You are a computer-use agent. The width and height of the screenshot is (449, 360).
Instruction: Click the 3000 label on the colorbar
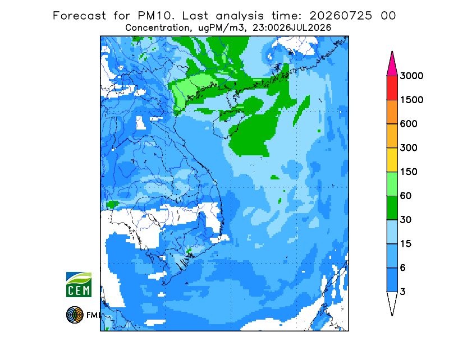coord(411,76)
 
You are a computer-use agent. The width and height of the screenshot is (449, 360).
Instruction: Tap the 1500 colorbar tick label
coord(411,100)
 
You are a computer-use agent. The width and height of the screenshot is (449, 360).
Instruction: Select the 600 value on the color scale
coord(409,124)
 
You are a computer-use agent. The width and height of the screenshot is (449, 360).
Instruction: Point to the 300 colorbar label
coord(409,148)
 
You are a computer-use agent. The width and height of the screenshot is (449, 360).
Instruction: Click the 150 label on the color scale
coord(409,172)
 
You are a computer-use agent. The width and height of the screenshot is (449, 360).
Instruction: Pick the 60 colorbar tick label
coord(406,196)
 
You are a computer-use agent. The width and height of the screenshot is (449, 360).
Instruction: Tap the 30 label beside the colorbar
coord(406,220)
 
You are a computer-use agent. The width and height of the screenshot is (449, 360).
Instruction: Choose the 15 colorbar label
coord(406,244)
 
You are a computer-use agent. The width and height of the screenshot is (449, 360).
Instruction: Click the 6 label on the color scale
coord(403,268)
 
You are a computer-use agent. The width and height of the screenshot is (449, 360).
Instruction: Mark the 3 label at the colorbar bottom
coord(403,292)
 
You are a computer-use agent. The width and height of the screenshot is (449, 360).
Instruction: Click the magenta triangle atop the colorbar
coord(392,66)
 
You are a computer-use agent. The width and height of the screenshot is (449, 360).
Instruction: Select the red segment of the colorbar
coord(392,88)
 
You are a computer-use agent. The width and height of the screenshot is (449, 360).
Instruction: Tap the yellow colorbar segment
coord(392,160)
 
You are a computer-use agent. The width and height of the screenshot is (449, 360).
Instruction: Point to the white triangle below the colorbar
coord(392,301)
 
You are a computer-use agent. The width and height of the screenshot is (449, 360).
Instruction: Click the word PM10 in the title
coord(156,16)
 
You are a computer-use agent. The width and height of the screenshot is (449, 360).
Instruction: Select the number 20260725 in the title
coord(341,16)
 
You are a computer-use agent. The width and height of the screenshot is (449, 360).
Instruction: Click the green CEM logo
coord(79,284)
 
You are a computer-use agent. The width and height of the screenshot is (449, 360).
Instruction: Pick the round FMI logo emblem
coord(75,315)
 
